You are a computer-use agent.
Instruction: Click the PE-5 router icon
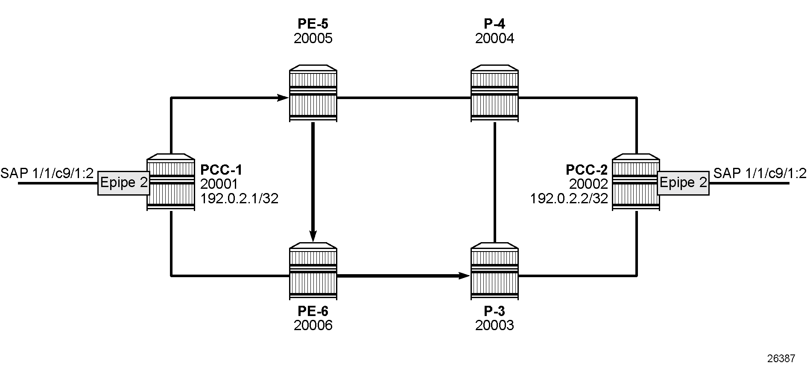pyautogui.click(x=313, y=94)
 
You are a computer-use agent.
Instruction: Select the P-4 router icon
pyautogui.click(x=495, y=94)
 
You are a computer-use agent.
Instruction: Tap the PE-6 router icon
pyautogui.click(x=313, y=272)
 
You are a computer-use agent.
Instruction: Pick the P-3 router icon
pyautogui.click(x=495, y=272)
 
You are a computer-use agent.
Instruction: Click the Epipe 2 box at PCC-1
pyautogui.click(x=123, y=183)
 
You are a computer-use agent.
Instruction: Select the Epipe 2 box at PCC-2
pyautogui.click(x=683, y=183)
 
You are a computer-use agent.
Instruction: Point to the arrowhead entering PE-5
pyautogui.click(x=283, y=98)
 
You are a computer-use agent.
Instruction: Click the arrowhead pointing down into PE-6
pyautogui.click(x=313, y=236)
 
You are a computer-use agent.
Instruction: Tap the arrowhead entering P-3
pyautogui.click(x=465, y=276)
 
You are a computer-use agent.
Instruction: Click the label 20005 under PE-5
pyautogui.click(x=313, y=38)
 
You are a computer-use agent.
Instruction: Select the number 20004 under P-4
pyautogui.click(x=495, y=38)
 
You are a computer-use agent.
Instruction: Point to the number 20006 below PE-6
pyautogui.click(x=313, y=325)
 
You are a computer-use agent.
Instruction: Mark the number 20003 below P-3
pyautogui.click(x=495, y=325)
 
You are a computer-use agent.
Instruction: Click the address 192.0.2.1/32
pyautogui.click(x=240, y=198)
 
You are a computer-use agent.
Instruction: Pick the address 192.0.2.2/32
pyautogui.click(x=569, y=198)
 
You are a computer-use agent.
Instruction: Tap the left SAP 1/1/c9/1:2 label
pyautogui.click(x=47, y=173)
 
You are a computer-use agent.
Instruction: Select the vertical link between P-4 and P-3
pyautogui.click(x=495, y=183)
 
